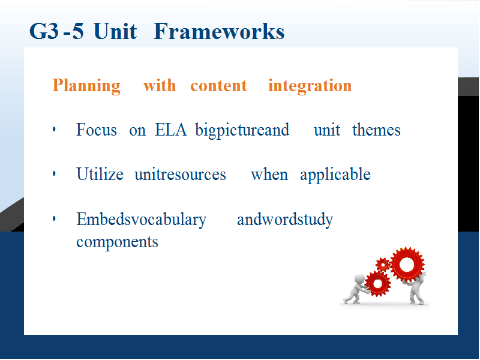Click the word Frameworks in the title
219,31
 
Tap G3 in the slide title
44,31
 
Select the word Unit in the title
115,31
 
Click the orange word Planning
86,85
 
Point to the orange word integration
310,86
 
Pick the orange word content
218,86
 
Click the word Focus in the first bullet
97,130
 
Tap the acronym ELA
171,130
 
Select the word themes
376,130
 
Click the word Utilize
100,174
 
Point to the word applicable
335,175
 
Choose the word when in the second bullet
269,175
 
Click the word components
117,242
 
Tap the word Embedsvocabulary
142,220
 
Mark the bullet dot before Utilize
54,174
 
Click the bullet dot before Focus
54,129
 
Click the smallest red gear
383,265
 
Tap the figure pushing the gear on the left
357,289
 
